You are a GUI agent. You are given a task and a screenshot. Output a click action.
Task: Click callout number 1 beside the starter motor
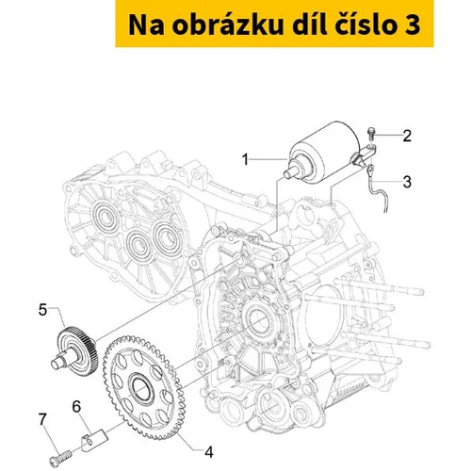245,159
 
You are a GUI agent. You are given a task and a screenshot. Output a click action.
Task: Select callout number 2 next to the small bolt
407,136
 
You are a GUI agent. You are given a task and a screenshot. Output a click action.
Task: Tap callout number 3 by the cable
407,182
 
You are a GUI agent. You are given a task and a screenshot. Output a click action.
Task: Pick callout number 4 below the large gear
209,452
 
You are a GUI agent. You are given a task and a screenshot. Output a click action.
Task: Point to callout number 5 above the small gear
42,310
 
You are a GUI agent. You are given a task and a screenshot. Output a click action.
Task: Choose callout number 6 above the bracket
76,406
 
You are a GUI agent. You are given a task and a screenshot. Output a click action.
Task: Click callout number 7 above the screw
42,419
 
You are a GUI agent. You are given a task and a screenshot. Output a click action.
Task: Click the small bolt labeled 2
371,134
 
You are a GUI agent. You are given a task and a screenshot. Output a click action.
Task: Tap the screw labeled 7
60,457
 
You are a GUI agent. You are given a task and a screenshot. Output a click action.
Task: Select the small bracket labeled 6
94,441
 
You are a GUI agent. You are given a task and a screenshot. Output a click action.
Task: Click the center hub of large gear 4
143,389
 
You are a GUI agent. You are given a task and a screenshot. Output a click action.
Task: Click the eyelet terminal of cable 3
371,171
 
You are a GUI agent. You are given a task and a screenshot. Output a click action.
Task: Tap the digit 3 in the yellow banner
411,25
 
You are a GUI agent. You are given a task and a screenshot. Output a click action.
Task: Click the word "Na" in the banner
146,25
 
